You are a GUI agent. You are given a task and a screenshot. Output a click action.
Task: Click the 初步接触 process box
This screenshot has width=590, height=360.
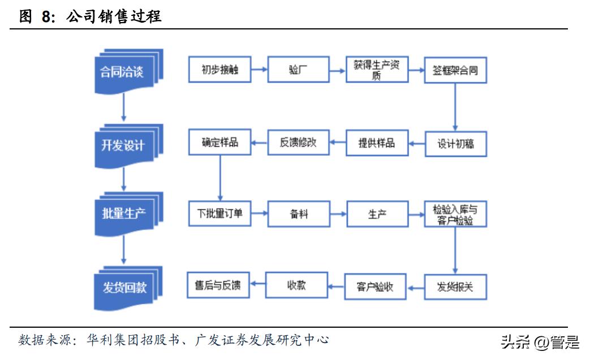(x=219, y=70)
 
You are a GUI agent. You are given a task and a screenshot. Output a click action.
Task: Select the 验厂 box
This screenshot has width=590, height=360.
(x=298, y=70)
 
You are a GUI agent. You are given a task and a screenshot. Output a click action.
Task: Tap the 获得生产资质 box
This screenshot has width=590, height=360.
(x=377, y=70)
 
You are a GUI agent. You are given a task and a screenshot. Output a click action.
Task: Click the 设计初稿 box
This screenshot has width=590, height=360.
(x=455, y=144)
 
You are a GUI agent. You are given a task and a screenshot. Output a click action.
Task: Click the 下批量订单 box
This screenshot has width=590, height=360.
(x=219, y=214)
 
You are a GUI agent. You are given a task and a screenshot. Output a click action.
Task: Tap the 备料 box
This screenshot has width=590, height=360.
(x=298, y=215)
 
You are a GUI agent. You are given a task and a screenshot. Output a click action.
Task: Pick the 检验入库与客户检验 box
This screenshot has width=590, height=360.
(x=455, y=215)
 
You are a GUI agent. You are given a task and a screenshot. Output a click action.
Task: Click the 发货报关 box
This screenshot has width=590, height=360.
(x=455, y=287)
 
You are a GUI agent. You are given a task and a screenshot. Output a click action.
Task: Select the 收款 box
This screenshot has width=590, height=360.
(x=296, y=285)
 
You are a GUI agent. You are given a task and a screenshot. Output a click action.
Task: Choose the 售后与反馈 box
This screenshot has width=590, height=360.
(x=218, y=285)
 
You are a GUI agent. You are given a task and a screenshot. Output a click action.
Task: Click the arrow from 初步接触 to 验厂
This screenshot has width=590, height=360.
(x=259, y=70)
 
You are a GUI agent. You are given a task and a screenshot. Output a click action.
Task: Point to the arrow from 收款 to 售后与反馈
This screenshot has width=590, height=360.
(x=257, y=285)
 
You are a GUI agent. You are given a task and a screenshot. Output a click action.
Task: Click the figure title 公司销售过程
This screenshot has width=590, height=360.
(x=114, y=16)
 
